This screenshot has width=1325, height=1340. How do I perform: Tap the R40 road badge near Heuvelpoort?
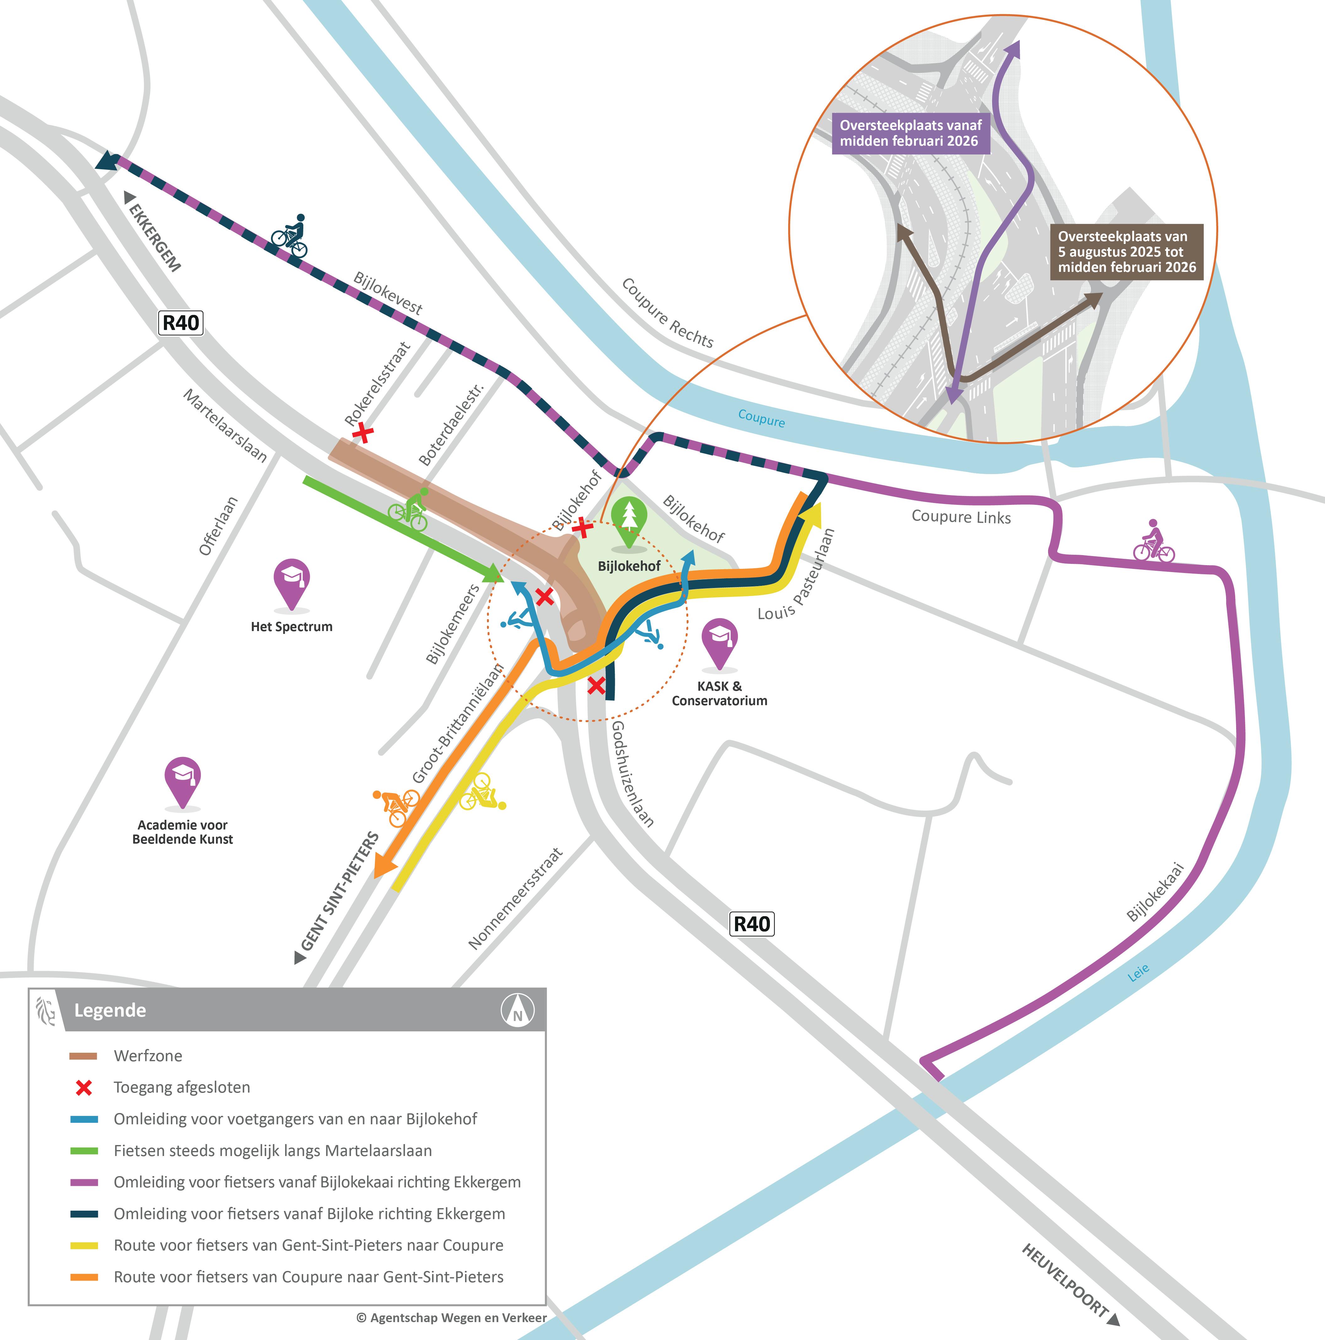[753, 924]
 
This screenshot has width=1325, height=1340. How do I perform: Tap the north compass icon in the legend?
[517, 1010]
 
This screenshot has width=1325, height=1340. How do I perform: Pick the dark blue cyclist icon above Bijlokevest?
[289, 236]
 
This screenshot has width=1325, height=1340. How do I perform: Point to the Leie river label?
[1138, 972]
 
